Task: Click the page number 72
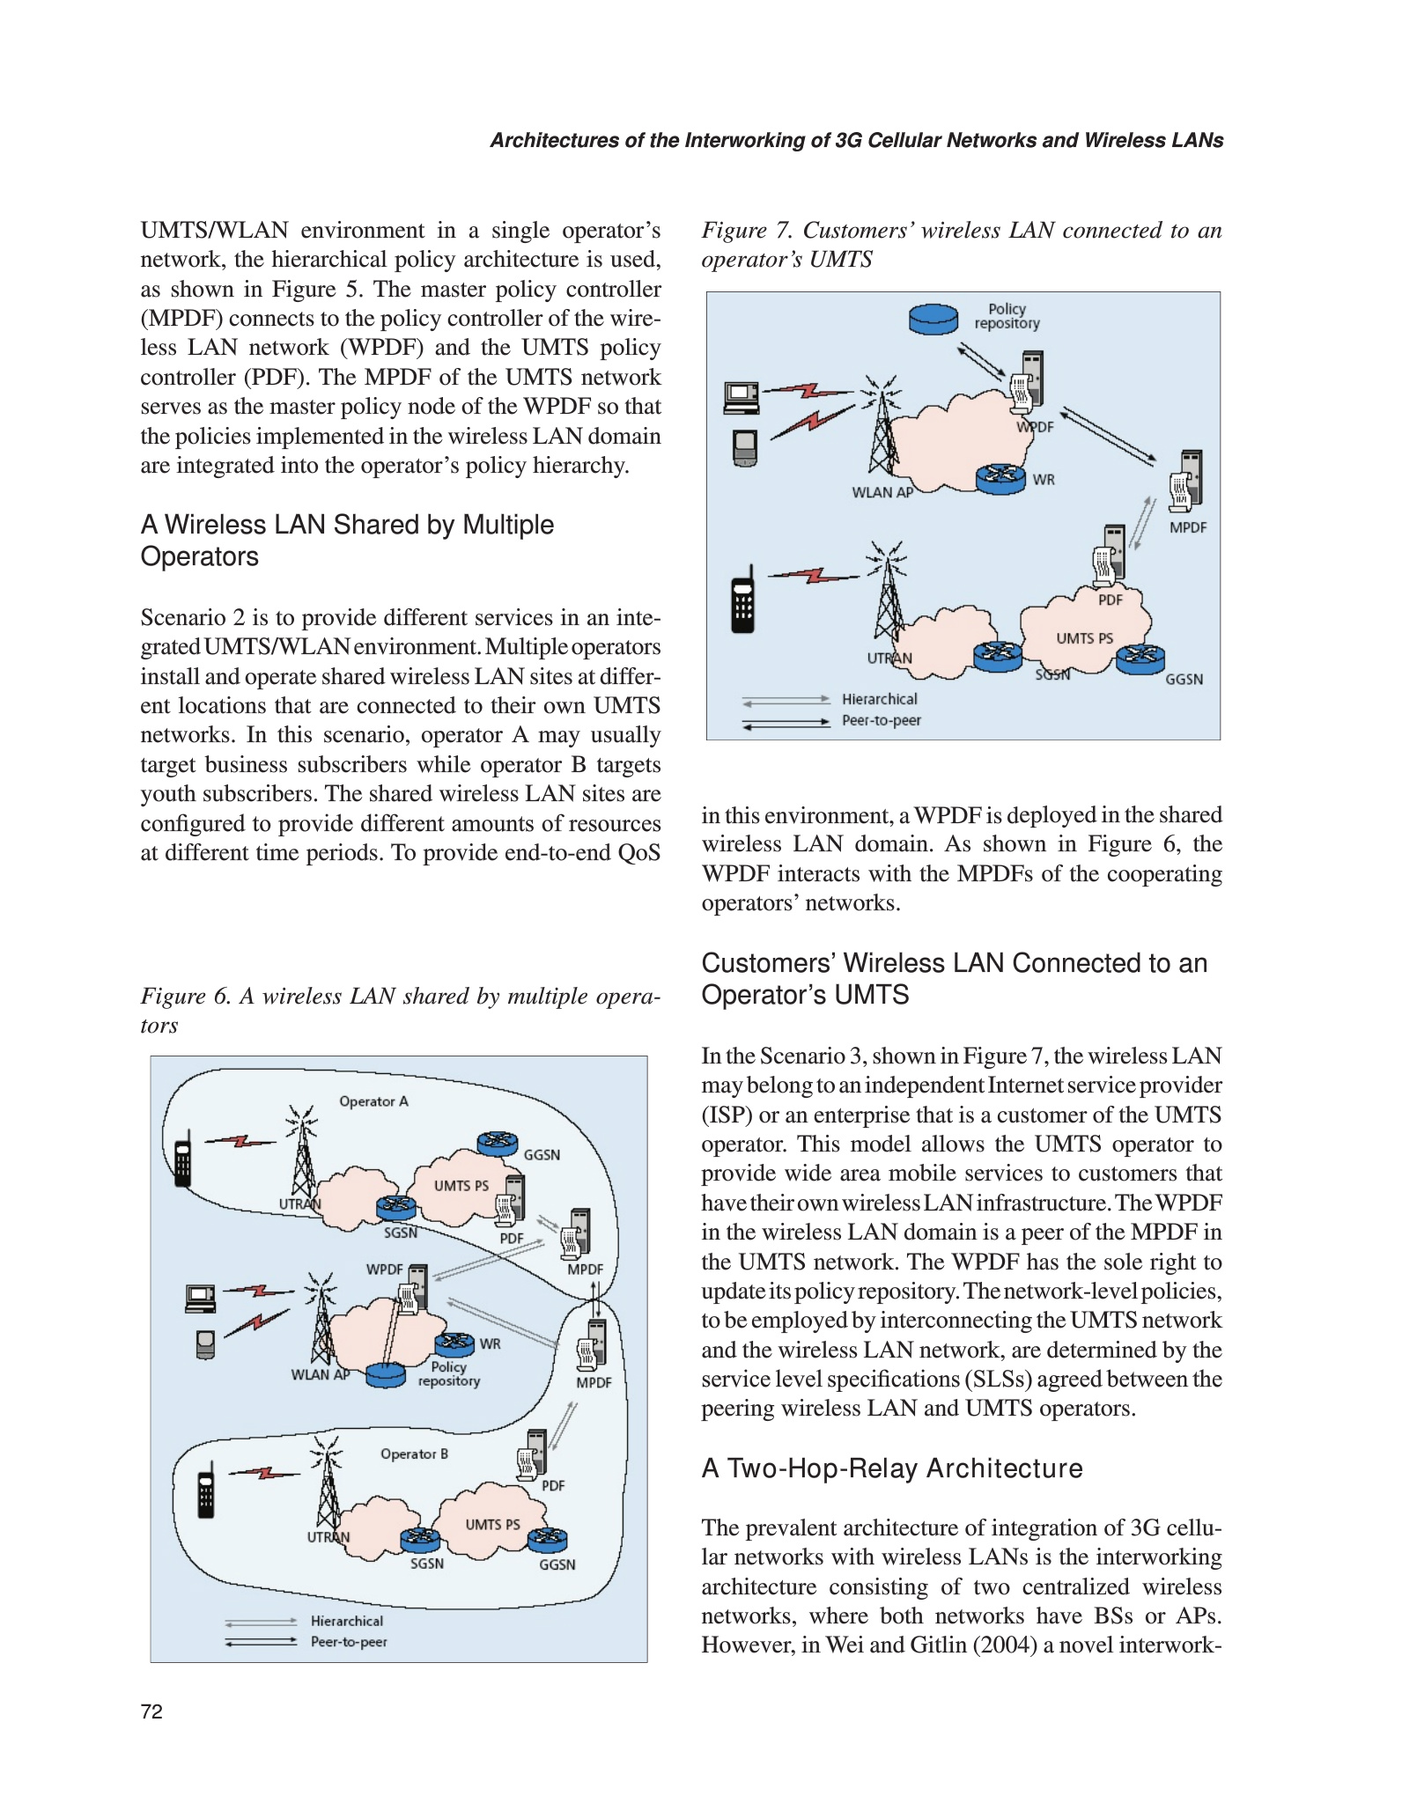[x=151, y=1711]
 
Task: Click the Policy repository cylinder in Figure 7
[x=933, y=318]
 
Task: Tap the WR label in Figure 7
[x=1044, y=480]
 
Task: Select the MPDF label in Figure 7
[x=1187, y=527]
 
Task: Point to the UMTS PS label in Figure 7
[x=1084, y=638]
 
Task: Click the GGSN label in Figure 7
[x=1184, y=679]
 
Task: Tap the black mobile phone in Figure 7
[x=742, y=599]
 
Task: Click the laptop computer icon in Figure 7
[x=741, y=398]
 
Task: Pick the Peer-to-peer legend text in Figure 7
[x=881, y=720]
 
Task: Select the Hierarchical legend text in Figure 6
[x=346, y=1621]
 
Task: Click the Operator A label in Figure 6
[x=373, y=1101]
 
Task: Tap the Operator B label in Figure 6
[x=414, y=1453]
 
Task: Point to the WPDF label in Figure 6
[x=384, y=1269]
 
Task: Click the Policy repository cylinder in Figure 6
[x=385, y=1374]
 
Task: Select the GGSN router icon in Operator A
[x=498, y=1143]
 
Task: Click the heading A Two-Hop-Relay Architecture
[x=891, y=1468]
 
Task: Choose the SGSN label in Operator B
[x=426, y=1564]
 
